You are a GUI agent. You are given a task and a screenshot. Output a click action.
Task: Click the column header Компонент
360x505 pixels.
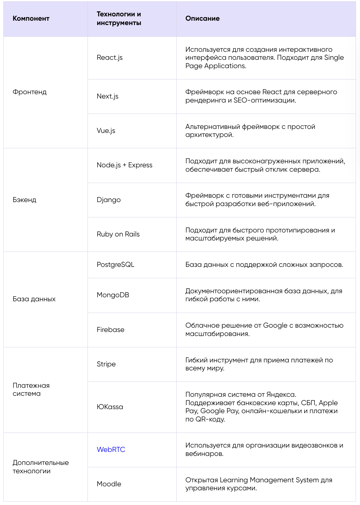pos(31,19)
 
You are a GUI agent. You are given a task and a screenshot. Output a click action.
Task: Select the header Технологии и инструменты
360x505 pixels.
pos(119,19)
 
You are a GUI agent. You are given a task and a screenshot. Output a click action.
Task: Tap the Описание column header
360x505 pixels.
pos(202,19)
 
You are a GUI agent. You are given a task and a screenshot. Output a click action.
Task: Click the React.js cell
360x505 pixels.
pos(110,58)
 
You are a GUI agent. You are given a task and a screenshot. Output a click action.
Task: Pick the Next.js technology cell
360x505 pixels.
pos(108,97)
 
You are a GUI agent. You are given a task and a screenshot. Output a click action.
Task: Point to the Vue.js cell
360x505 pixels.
pos(106,131)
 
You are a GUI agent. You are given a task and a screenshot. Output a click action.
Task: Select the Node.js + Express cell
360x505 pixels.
pos(124,165)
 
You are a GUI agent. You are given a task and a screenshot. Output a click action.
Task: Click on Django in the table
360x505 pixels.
pos(109,200)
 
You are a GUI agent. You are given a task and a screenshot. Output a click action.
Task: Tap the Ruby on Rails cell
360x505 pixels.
pos(118,234)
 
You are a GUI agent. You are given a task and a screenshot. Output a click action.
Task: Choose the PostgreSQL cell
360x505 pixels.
pos(115,265)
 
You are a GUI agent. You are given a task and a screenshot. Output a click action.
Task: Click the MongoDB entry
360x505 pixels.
pos(113,295)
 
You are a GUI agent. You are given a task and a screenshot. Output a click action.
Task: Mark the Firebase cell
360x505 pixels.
pos(110,330)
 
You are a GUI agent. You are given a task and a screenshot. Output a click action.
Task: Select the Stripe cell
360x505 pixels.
pos(106,364)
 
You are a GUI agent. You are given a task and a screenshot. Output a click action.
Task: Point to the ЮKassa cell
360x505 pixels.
pos(110,407)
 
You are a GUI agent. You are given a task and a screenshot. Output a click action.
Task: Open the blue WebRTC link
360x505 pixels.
pos(111,450)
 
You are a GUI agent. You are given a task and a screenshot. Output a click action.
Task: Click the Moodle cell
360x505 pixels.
pos(109,484)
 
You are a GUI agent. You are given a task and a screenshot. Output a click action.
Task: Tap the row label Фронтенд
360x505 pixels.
pos(29,92)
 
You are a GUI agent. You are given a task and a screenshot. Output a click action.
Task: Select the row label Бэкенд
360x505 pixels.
pos(24,200)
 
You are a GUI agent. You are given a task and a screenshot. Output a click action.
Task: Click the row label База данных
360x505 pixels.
pos(34,299)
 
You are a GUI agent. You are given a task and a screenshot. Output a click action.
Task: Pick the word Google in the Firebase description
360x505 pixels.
pos(275,326)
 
